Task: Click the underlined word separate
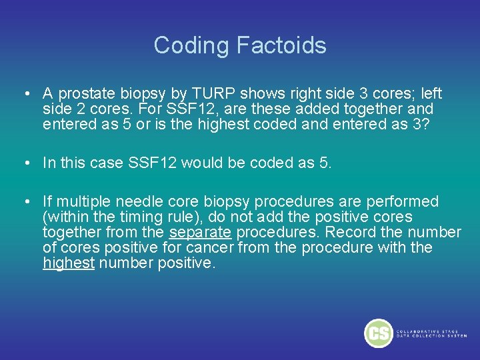tap(200, 232)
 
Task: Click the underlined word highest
tap(68, 263)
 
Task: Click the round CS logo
tap(378, 333)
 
